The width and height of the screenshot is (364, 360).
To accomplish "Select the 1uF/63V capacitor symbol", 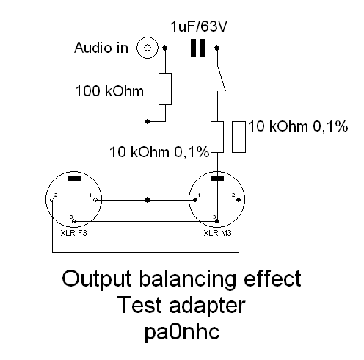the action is point(197,48).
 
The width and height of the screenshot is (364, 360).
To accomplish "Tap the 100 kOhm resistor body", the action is point(165,89).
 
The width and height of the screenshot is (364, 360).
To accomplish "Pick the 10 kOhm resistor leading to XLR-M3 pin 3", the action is point(217,137).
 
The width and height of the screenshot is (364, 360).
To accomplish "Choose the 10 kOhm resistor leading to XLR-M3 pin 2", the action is point(239,137).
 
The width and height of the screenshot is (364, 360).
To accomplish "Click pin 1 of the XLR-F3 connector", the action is point(95,200).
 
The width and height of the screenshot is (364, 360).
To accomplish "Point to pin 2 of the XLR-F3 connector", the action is point(52,200).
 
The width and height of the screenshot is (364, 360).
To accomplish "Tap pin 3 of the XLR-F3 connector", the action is point(74,221).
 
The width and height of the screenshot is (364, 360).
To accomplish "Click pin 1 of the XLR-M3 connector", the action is point(195,200).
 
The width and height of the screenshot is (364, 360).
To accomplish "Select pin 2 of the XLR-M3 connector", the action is point(239,200).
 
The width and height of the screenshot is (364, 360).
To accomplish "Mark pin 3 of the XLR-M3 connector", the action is point(217,221).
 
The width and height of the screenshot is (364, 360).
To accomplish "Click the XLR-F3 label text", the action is point(73,233).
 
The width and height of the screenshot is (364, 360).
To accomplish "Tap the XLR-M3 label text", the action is point(217,233).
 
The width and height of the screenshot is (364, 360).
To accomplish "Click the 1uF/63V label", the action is point(199,26).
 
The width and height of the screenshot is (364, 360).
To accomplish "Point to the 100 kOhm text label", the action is point(109,91).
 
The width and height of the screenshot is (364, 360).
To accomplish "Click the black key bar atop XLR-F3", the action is point(74,179).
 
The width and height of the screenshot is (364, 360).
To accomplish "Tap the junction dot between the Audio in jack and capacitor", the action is point(165,48).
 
